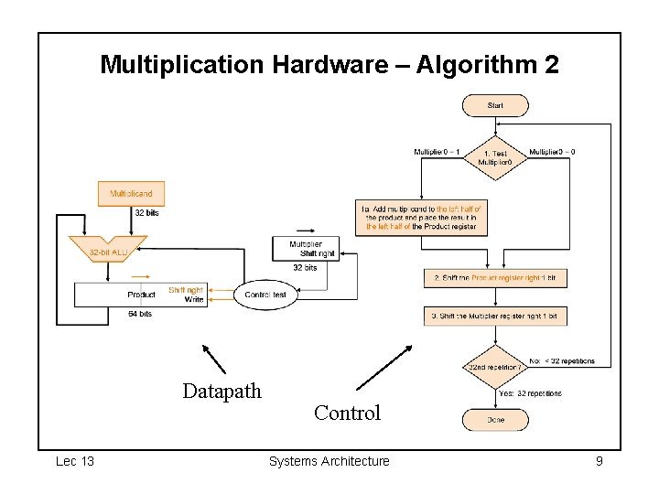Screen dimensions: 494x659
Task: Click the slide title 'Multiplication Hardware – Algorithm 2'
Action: pos(329,65)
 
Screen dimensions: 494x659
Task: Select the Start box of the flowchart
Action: pos(495,106)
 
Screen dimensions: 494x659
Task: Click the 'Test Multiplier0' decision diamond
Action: pos(495,157)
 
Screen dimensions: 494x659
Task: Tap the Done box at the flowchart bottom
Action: pos(495,420)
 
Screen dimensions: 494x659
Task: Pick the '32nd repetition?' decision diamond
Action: pos(495,367)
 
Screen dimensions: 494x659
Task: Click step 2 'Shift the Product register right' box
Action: pos(495,277)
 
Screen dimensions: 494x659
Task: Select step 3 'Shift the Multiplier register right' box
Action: pos(495,316)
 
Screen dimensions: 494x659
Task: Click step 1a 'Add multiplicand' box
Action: pos(421,218)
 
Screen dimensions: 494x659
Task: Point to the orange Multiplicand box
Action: pos(132,194)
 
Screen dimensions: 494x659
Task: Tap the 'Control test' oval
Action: pos(265,295)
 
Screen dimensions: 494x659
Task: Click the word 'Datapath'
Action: pos(221,392)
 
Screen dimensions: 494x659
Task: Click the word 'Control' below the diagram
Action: pos(347,413)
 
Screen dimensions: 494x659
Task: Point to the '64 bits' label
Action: pos(140,314)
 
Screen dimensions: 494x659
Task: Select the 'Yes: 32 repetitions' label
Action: pos(530,393)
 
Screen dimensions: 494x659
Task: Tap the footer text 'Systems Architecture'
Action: pos(329,461)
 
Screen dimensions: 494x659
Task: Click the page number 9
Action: pos(599,461)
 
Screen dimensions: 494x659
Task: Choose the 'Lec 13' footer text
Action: pos(75,461)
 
